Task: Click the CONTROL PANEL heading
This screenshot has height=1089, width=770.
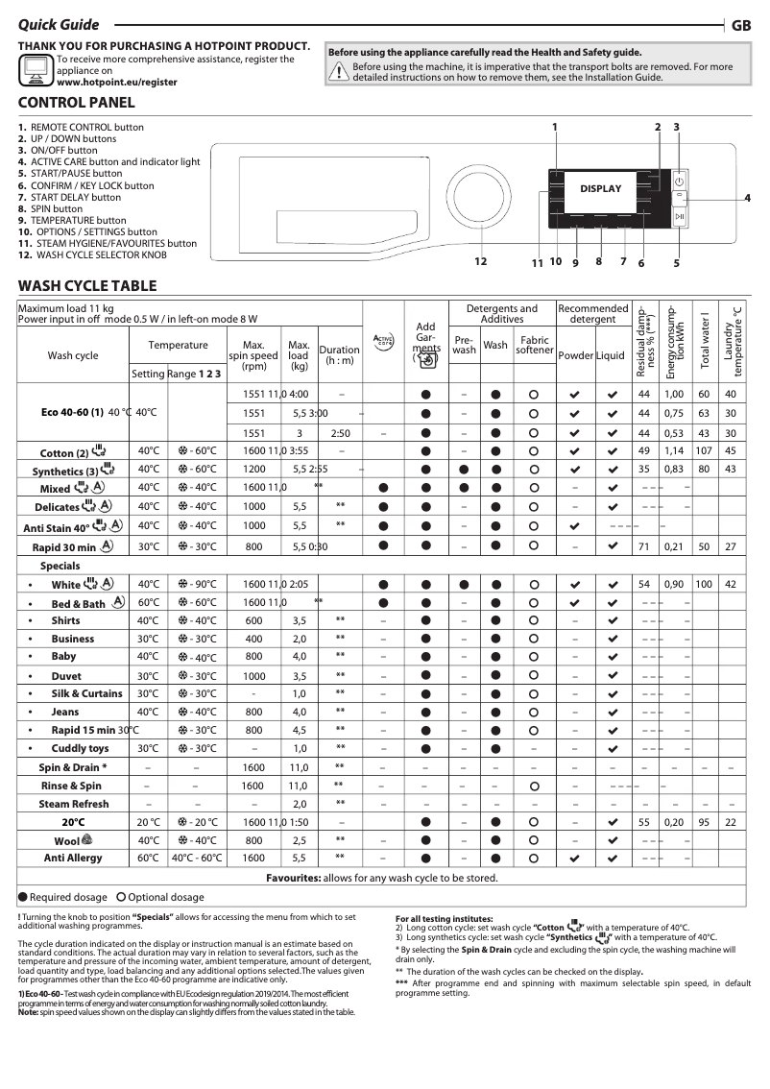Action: point(77,103)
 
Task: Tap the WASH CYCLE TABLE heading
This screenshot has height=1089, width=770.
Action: point(87,285)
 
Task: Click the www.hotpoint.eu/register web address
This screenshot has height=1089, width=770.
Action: point(117,83)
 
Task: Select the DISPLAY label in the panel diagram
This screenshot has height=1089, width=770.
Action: point(600,189)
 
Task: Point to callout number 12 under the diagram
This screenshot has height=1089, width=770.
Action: point(480,262)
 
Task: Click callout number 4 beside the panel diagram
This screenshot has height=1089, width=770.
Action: point(747,198)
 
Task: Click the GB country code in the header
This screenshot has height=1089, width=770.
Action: point(741,26)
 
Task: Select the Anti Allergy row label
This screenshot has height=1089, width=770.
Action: point(73,858)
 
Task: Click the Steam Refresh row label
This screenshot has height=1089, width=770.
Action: point(74,804)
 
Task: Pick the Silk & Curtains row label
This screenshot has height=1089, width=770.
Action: point(86,693)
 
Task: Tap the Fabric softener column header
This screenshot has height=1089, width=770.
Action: point(534,346)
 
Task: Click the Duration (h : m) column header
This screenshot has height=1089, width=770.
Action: point(339,355)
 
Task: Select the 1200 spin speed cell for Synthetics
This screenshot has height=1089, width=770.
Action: point(254,469)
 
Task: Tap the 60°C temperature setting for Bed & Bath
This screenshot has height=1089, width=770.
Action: point(148,602)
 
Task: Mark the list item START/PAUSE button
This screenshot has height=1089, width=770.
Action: point(82,174)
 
